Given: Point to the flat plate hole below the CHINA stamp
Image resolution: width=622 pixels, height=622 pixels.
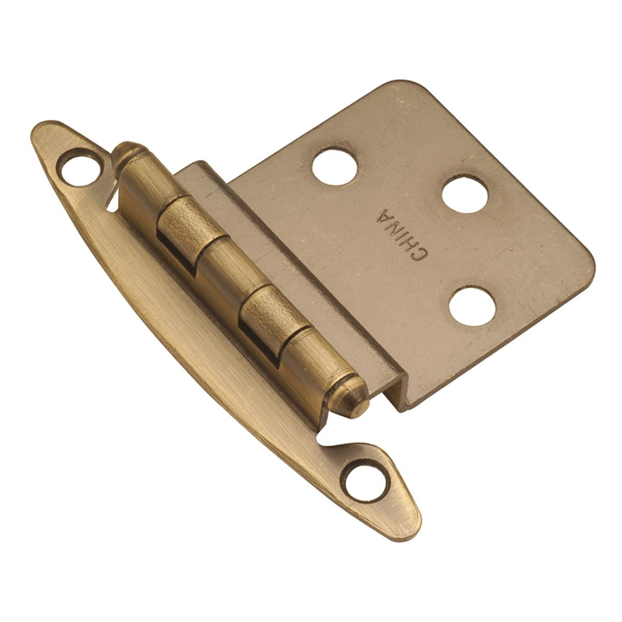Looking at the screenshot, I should click(x=472, y=306).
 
